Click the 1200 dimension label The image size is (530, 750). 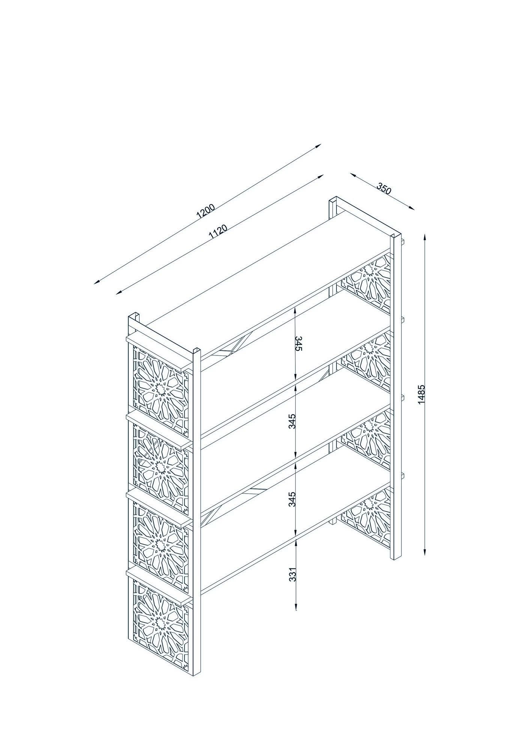click(x=206, y=211)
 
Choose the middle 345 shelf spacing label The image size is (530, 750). click(x=293, y=421)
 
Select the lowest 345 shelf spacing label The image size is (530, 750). click(x=293, y=499)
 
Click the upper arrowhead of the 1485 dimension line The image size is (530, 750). click(x=425, y=236)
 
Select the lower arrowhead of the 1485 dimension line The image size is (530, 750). click(x=425, y=553)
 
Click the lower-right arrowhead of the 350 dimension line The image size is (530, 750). click(x=412, y=208)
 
